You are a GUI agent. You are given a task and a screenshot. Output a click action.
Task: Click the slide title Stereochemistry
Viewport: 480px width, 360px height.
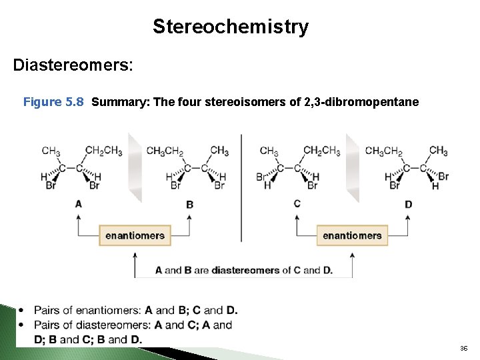coord(231,27)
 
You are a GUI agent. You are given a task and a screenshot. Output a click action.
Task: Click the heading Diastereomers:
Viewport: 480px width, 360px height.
coord(73,65)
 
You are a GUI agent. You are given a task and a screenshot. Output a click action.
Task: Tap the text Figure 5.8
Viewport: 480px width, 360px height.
coord(53,102)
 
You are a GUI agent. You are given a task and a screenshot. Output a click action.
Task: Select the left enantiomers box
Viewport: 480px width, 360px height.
coord(135,235)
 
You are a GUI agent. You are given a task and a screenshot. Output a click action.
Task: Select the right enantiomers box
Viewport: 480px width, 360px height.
coord(352,235)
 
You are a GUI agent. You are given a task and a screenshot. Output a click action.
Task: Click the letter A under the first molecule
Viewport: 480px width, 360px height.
coord(79,203)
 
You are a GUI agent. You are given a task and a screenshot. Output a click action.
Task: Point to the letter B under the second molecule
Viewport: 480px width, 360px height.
coord(189,204)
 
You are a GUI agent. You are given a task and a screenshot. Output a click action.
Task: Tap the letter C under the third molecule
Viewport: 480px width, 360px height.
coord(297,203)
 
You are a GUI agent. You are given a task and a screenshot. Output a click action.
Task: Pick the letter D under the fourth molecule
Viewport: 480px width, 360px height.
coord(408,204)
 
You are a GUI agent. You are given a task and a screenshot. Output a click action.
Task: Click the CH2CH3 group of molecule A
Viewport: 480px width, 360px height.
coord(104,151)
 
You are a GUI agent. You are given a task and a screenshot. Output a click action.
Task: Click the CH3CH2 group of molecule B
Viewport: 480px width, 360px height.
coord(164,151)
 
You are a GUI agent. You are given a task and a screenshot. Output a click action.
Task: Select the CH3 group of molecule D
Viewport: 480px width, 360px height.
coord(438,151)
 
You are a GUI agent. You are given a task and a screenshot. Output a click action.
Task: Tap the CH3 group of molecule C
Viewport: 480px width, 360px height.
coord(269,151)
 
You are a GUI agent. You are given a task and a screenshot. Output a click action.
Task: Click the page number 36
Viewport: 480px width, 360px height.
coord(463,349)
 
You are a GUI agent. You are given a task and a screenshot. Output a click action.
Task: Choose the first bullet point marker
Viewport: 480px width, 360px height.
coord(22,310)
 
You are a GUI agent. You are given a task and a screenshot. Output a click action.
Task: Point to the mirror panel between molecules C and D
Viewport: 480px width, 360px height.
coord(353,167)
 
